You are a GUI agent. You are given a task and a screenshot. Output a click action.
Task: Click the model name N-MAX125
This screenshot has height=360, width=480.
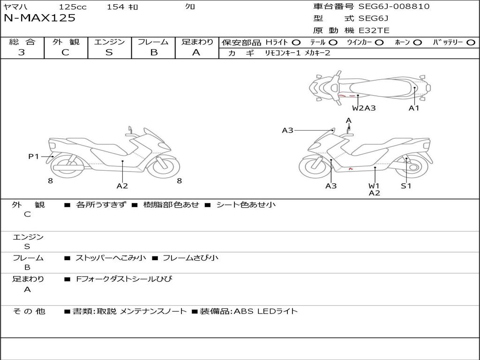(39, 18)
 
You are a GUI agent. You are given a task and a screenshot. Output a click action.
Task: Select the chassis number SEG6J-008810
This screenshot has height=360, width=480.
(394, 7)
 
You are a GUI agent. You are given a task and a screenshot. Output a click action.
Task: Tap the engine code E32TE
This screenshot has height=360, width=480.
(374, 30)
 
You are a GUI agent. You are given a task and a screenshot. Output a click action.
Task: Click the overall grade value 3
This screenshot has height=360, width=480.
(22, 52)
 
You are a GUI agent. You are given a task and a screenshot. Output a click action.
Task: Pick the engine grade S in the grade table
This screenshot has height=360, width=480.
(109, 52)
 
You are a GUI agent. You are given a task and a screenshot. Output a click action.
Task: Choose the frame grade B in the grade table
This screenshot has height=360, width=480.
(153, 52)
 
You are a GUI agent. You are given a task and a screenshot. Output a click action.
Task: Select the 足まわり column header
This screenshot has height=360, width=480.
(197, 42)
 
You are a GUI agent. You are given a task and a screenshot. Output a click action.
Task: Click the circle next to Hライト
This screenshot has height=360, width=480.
(296, 42)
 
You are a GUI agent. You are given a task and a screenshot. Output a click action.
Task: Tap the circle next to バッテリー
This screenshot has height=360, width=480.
(471, 42)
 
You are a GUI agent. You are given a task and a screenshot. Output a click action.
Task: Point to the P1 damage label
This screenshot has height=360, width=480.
(34, 157)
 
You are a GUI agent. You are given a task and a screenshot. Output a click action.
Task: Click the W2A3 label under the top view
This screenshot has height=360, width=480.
(364, 108)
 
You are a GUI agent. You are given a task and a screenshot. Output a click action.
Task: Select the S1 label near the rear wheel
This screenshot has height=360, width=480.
(406, 186)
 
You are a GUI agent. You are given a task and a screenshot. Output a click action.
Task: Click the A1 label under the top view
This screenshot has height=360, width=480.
(414, 108)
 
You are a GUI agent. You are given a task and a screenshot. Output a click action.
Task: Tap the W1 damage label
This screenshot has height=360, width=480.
(374, 186)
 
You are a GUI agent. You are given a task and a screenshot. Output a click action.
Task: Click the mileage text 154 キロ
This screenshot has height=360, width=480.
(122, 7)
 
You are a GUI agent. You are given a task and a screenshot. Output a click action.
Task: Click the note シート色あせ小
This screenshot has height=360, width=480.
(246, 204)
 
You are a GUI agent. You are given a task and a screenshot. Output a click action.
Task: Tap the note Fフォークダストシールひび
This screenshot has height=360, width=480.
(124, 279)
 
